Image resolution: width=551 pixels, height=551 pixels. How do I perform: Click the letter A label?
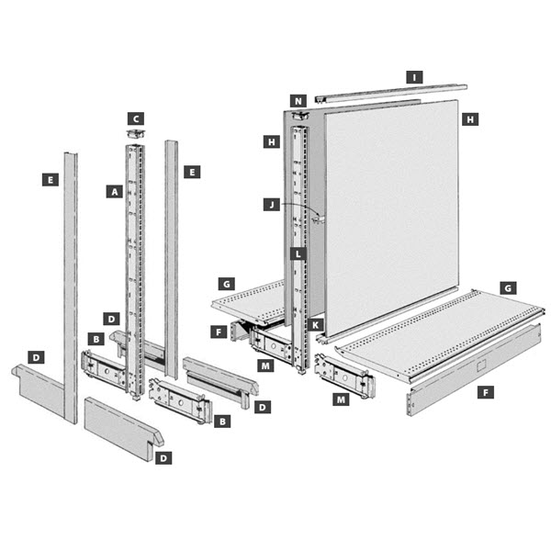pyautogui.click(x=114, y=192)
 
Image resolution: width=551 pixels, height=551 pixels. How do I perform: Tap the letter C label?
pyautogui.click(x=136, y=118)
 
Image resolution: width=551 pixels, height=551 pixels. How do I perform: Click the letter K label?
pyautogui.click(x=315, y=324)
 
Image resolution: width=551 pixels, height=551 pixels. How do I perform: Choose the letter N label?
pyautogui.click(x=298, y=99)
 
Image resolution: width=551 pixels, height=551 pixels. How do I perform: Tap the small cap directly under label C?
pyautogui.click(x=136, y=134)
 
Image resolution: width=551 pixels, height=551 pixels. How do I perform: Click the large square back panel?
pyautogui.click(x=390, y=216)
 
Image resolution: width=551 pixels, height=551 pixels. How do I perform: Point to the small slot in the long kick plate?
pyautogui.click(x=481, y=365)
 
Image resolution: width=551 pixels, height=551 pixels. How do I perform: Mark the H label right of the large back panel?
pyautogui.click(x=469, y=119)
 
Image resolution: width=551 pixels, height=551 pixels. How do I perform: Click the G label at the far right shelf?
pyautogui.click(x=510, y=287)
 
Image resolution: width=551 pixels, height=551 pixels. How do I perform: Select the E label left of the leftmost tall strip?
pyautogui.click(x=50, y=179)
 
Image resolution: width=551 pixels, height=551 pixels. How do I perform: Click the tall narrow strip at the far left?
pyautogui.click(x=70, y=285)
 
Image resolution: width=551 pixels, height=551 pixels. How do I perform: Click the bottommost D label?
pyautogui.click(x=163, y=456)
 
